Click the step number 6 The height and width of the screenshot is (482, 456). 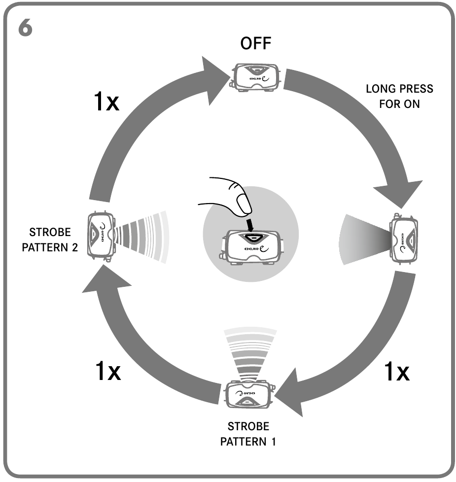[x=26, y=28]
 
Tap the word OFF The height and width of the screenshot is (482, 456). [x=256, y=44]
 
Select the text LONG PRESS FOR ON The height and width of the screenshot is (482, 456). [x=399, y=97]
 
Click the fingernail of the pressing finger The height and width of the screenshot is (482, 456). [x=243, y=203]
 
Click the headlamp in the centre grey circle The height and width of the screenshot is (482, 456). [x=252, y=246]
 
